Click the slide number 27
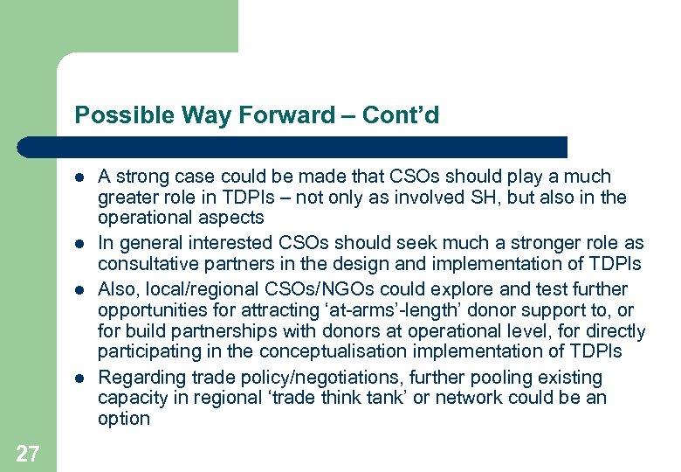[x=27, y=453]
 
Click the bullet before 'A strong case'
[x=79, y=177]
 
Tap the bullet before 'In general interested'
[x=79, y=244]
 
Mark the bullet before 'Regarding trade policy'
[x=79, y=378]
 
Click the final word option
[x=124, y=419]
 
